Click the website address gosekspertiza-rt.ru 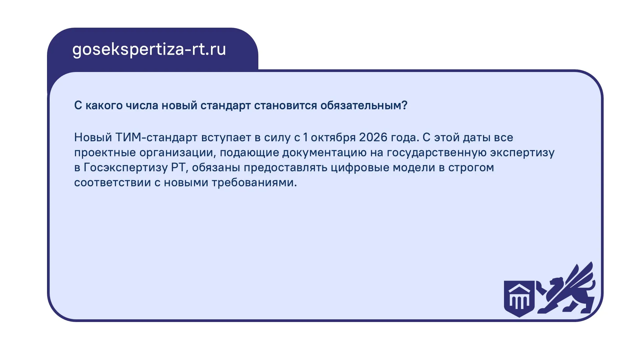pos(149,50)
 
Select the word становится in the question pos(285,105)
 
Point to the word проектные pos(105,153)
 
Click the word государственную pos(436,153)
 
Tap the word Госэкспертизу pos(125,168)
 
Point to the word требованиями pos(254,183)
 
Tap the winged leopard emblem pos(566,289)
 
